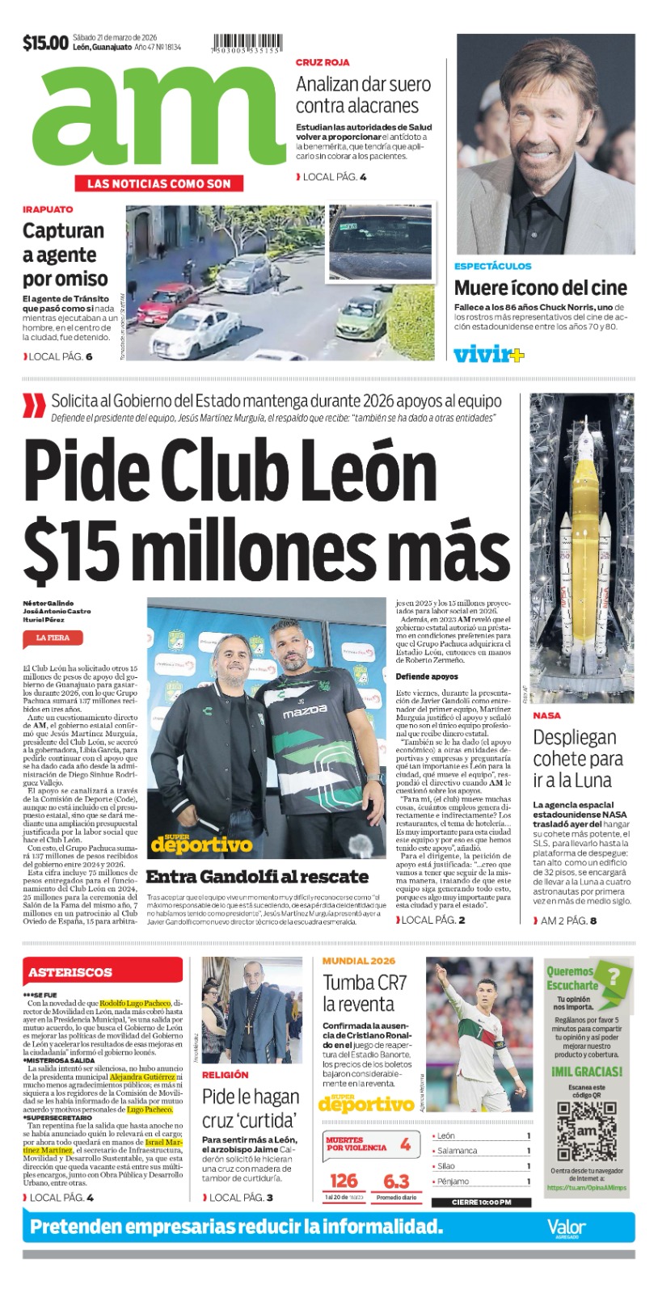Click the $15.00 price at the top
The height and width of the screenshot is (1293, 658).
45,43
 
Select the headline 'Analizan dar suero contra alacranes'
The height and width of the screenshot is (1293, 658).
363,95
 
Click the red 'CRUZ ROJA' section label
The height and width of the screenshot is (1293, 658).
323,62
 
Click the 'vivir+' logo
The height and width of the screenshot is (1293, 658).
488,354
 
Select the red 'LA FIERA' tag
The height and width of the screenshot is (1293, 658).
53,638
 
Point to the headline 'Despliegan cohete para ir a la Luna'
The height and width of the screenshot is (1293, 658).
577,759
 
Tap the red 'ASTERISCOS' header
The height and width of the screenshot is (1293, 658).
70,972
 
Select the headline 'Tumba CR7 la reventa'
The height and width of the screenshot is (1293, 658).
365,993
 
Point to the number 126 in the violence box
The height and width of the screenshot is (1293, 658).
344,1181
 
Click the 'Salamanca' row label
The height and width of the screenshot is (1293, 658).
458,1151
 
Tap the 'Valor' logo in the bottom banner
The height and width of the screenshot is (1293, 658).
566,1227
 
